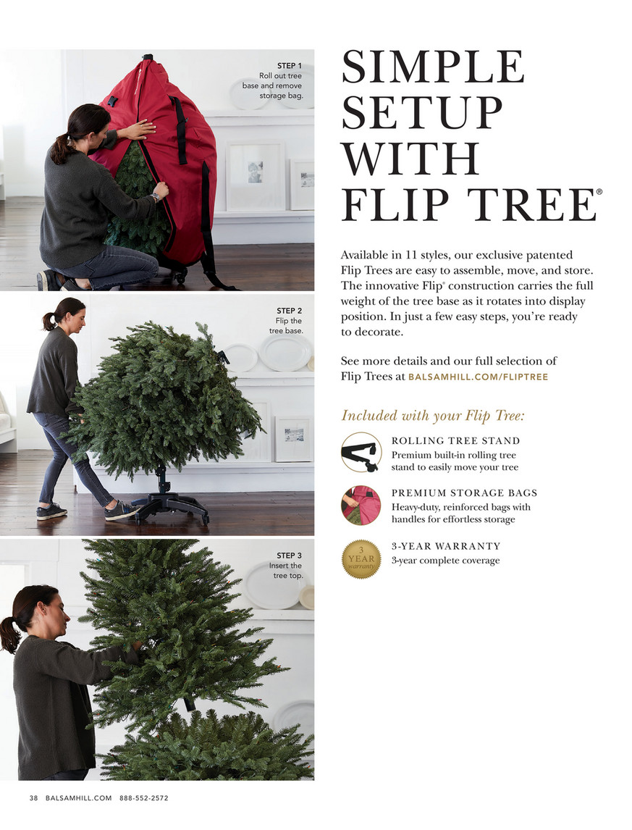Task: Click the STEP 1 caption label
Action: (x=289, y=66)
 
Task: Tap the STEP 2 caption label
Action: (x=289, y=311)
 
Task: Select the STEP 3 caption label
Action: (x=289, y=556)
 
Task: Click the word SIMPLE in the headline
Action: (x=432, y=66)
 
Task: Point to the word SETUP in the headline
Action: (x=421, y=112)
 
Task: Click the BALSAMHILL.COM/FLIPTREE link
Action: (x=478, y=377)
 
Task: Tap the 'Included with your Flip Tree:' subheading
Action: (x=432, y=416)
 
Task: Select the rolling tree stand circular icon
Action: (x=361, y=452)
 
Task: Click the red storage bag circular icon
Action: (x=361, y=505)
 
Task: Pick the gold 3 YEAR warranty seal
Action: (x=361, y=559)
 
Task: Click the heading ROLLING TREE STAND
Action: (x=456, y=441)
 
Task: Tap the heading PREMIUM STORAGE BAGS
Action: (x=464, y=492)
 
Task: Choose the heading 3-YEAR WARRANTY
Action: (x=446, y=546)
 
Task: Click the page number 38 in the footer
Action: (x=33, y=797)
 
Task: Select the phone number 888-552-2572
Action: (x=144, y=797)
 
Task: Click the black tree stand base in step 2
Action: (x=169, y=506)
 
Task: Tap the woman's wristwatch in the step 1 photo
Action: (x=155, y=197)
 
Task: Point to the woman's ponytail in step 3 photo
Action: (x=11, y=632)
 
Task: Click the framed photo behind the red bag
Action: (x=256, y=176)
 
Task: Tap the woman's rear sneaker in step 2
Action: (x=51, y=512)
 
